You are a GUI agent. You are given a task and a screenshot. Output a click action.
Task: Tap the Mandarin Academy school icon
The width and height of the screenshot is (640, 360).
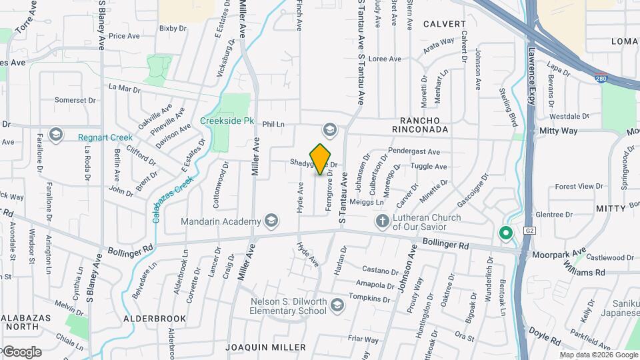[271, 220]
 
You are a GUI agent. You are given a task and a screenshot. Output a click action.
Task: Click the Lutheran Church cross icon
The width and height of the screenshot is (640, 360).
[383, 221]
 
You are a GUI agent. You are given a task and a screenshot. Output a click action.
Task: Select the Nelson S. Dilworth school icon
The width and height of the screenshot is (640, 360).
[337, 305]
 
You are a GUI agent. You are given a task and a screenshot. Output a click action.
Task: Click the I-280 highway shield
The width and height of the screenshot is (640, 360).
[601, 77]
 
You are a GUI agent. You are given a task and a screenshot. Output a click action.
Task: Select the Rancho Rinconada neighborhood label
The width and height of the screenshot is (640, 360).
[419, 124]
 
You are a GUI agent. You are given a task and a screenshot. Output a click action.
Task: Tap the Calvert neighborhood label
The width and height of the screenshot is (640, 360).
[444, 24]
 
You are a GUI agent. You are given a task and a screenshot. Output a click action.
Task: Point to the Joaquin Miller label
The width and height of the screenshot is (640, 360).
[265, 347]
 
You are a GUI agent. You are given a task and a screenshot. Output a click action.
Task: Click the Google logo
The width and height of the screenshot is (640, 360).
[21, 351]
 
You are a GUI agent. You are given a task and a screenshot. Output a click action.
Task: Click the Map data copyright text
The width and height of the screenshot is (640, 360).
[599, 355]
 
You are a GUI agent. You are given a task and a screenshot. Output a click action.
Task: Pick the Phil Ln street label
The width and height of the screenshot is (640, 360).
[273, 124]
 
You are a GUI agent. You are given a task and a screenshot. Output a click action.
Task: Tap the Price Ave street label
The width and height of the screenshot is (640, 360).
[122, 36]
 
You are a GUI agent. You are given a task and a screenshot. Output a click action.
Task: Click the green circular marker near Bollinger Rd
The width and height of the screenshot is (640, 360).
[505, 233]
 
